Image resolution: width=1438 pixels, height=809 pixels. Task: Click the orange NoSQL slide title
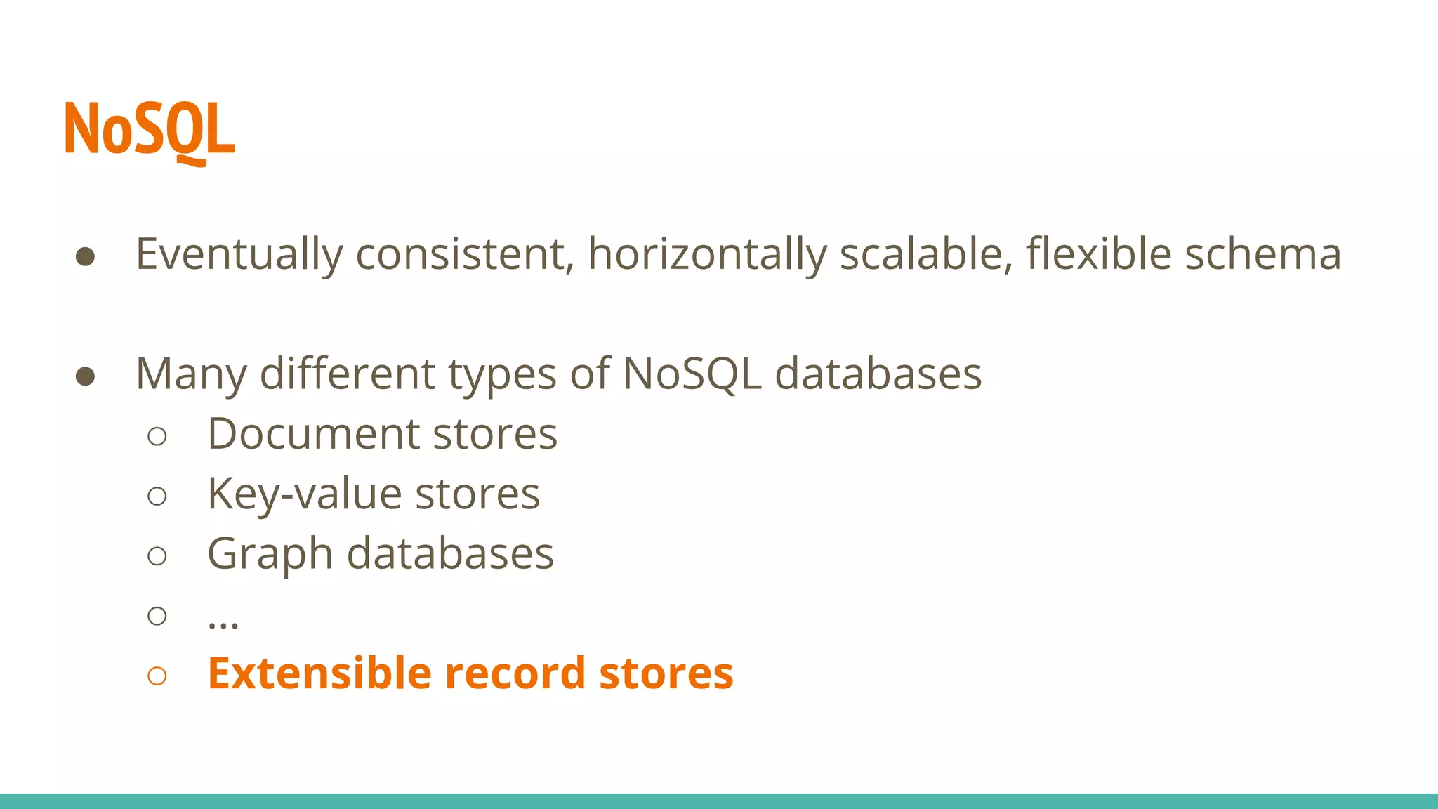[x=150, y=130]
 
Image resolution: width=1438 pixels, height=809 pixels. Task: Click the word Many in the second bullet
[x=190, y=375]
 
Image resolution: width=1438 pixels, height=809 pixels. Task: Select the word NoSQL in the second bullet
[x=692, y=374]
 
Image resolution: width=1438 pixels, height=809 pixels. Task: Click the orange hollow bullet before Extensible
[x=157, y=676]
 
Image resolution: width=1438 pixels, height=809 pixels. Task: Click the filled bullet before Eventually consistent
[x=85, y=257]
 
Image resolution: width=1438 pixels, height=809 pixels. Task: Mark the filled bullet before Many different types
[x=85, y=376]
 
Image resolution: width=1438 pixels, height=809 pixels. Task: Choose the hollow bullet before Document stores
[x=157, y=436]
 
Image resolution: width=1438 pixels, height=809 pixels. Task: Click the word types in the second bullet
[x=502, y=375]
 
